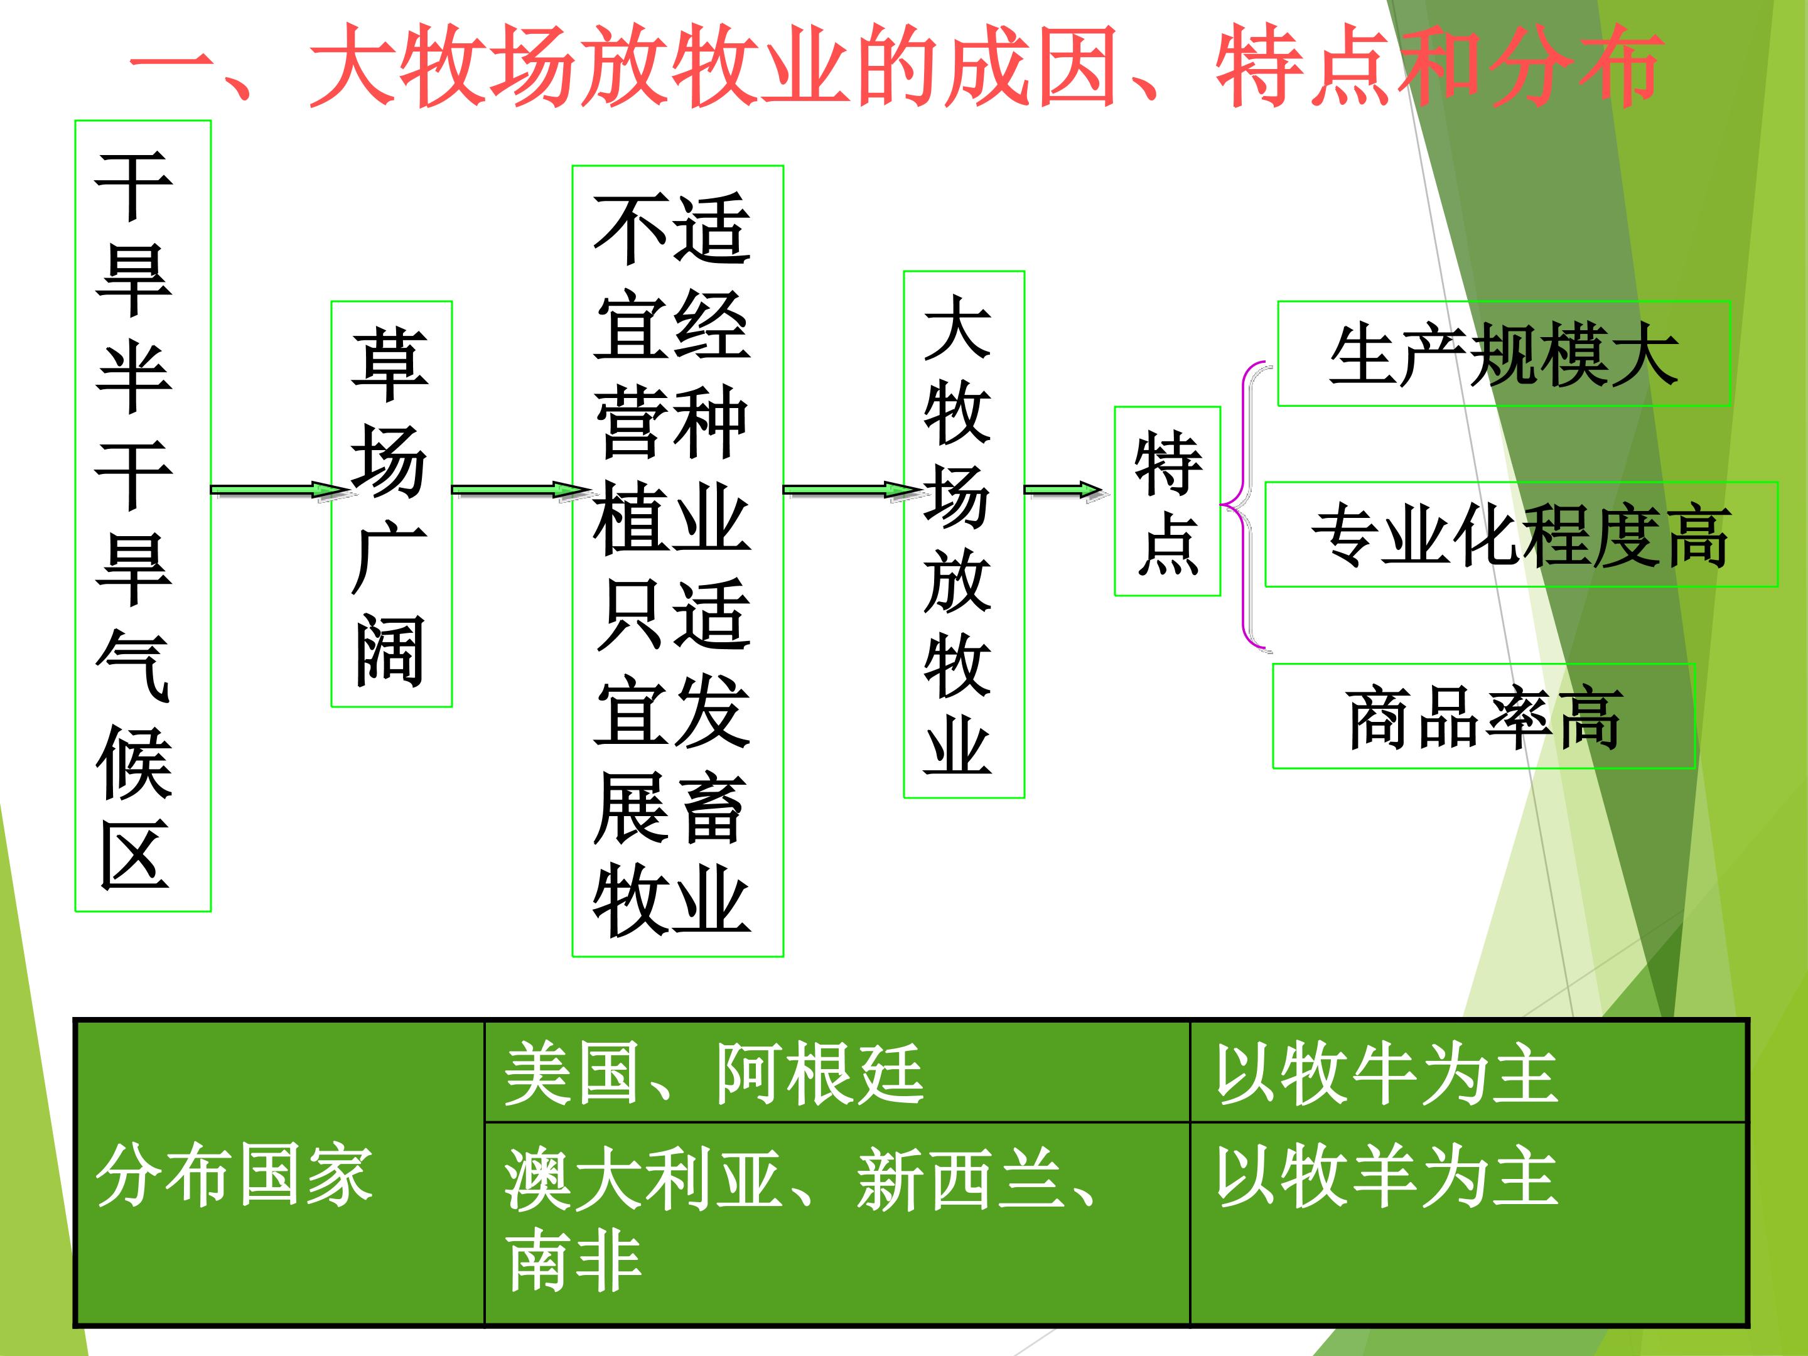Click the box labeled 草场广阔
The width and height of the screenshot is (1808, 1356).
(392, 503)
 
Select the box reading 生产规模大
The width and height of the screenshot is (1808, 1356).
(1504, 353)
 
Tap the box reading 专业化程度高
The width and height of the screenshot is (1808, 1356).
(1521, 535)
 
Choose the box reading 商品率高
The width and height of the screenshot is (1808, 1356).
(1484, 716)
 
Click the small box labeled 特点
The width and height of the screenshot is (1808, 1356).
(1167, 501)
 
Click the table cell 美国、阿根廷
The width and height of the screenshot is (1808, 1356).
(837, 1072)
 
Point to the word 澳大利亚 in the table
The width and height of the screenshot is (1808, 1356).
(642, 1178)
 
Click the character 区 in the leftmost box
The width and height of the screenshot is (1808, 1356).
(134, 855)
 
